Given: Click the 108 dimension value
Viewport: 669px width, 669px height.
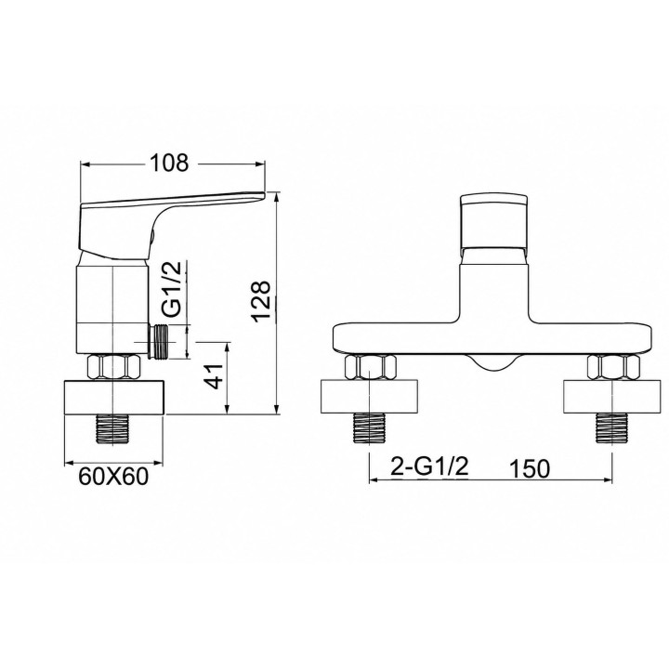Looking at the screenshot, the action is (169, 163).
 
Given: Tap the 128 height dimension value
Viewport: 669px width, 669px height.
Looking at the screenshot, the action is (261, 302).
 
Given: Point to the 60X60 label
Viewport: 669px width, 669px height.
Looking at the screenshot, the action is (113, 477).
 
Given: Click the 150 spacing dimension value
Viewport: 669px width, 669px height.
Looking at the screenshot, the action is (530, 469).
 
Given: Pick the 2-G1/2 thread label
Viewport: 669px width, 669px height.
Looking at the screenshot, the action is (429, 467).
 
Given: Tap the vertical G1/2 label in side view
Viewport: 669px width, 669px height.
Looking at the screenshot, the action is (173, 289).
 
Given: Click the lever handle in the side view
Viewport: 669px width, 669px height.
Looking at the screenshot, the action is (171, 225).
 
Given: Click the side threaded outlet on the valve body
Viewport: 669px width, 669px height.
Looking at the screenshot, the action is (157, 342).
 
